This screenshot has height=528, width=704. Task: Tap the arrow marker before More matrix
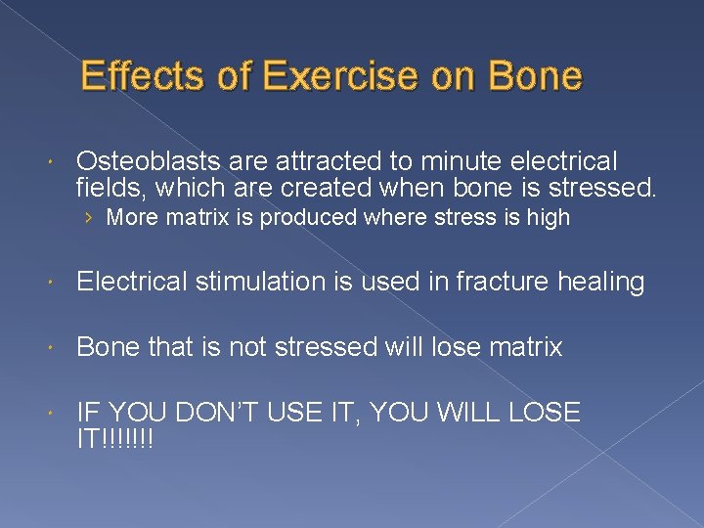[89, 218]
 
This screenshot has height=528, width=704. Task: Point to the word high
[549, 218]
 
